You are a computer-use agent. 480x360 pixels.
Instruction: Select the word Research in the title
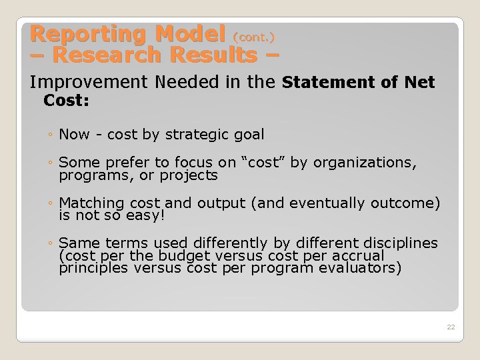[97, 55]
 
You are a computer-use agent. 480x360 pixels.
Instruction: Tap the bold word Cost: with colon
[67, 101]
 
